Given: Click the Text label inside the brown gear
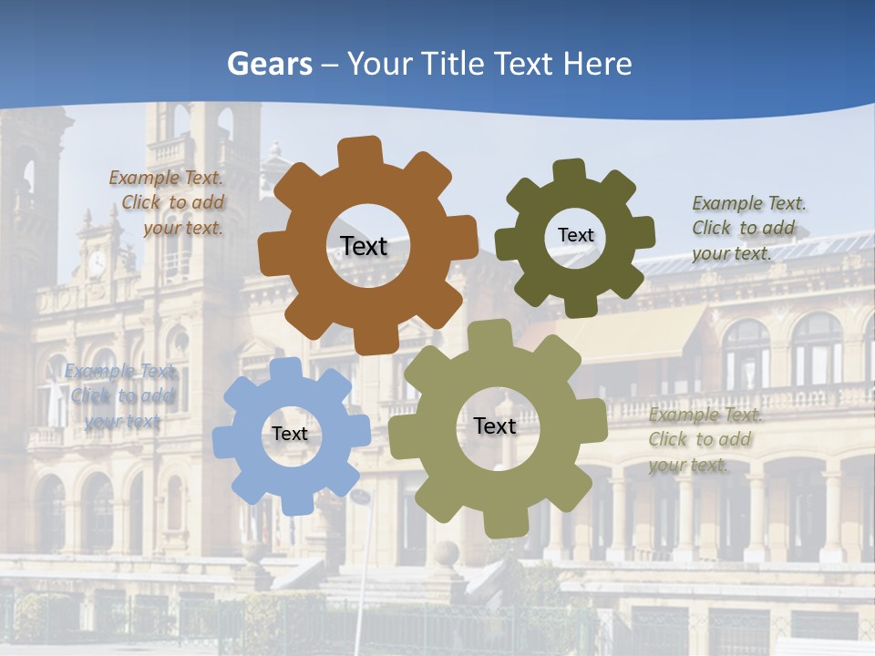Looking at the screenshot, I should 364,246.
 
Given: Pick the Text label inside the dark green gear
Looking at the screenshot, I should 575,235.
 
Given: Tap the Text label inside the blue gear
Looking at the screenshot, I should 290,434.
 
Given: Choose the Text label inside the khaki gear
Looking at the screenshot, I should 495,425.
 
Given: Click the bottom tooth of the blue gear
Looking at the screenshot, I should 297,502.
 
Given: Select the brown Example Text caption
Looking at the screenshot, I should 168,203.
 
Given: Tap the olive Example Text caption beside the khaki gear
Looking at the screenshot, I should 704,439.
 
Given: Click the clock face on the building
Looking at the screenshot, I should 97,263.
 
